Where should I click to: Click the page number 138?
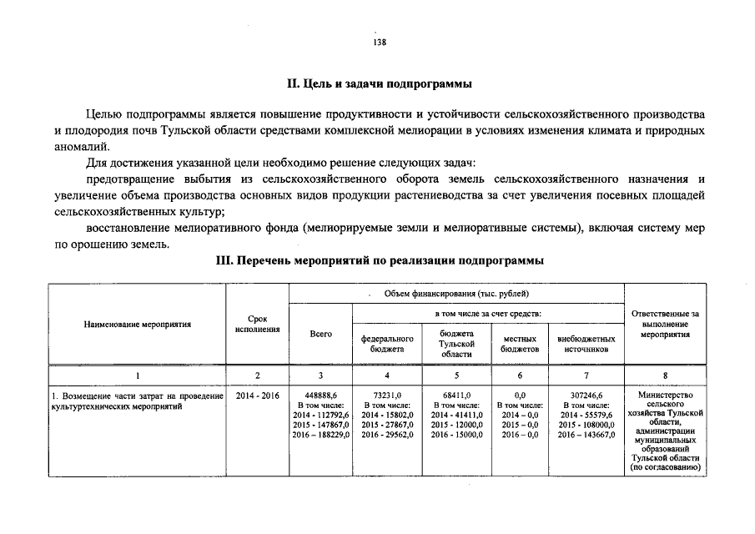379,43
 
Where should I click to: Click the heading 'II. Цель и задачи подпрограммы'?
379,84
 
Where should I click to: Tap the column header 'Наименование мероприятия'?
137,325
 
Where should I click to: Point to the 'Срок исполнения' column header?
257,325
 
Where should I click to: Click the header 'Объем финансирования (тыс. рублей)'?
456,294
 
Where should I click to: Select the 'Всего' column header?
320,334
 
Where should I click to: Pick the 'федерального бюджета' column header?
387,344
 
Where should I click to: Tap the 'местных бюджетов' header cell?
520,344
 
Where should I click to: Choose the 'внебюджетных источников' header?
586,344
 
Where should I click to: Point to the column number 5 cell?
456,375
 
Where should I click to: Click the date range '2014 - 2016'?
257,395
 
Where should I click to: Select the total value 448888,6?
320,395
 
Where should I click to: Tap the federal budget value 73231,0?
387,395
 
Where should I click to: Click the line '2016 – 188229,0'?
320,435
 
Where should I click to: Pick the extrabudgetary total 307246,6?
586,395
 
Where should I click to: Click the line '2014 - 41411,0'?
456,415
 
